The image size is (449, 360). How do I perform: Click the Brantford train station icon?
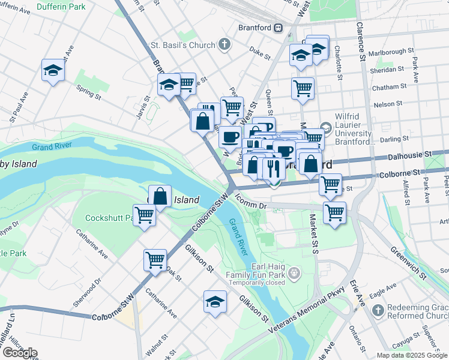[278, 28]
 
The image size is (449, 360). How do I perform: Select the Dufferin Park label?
[60, 7]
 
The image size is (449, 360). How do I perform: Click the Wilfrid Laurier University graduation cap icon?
[326, 127]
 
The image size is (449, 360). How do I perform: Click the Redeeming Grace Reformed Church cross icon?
[377, 310]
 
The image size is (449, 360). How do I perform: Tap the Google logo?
[19, 353]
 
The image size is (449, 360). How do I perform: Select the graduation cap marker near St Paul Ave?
[53, 71]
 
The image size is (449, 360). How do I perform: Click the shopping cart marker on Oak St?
[155, 260]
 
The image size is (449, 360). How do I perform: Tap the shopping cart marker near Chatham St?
[303, 88]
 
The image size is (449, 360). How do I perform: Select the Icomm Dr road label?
[250, 204]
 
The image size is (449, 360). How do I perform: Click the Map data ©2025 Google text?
[411, 355]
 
